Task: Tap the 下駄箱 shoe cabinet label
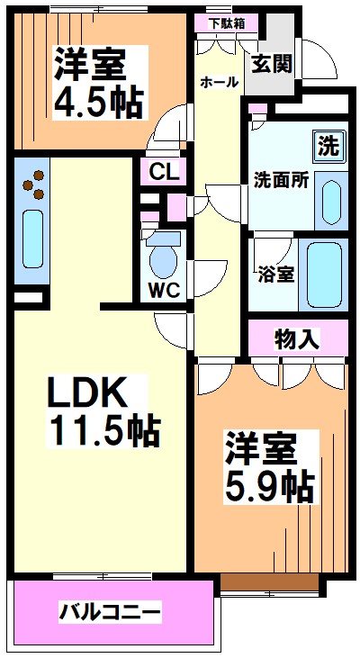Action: pyautogui.click(x=227, y=23)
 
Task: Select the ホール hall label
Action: pyautogui.click(x=219, y=82)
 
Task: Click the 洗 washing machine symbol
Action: pyautogui.click(x=328, y=145)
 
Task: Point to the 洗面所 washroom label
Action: pyautogui.click(x=282, y=179)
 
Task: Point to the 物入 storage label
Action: pyautogui.click(x=297, y=338)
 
